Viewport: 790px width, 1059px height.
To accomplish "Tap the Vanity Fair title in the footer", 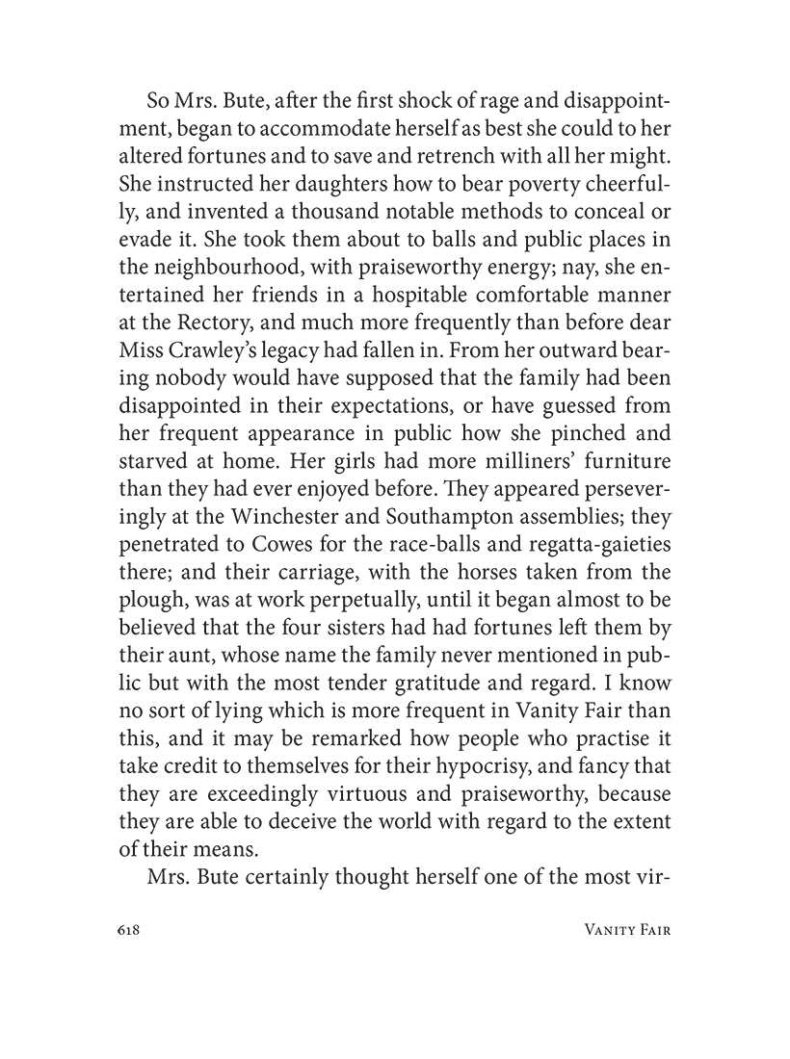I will point(618,930).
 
